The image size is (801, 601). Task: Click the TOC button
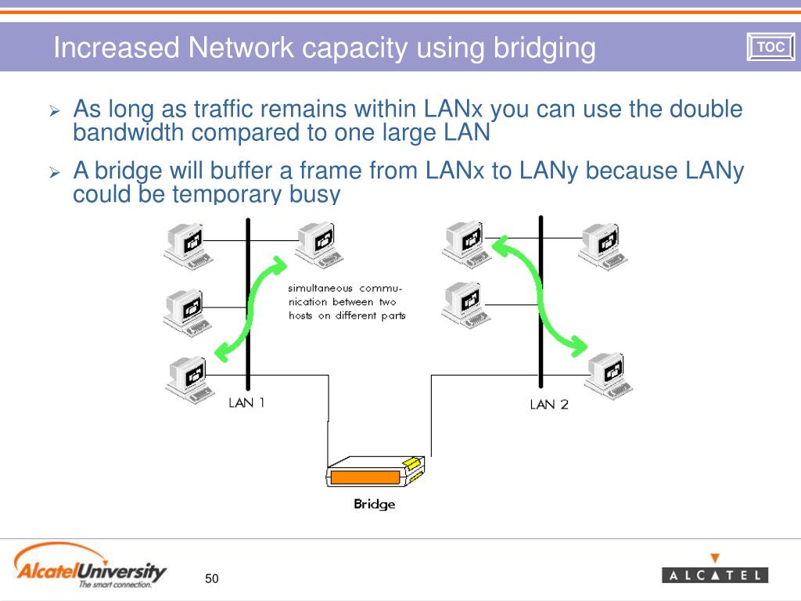coord(770,48)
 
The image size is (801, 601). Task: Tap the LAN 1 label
coord(246,403)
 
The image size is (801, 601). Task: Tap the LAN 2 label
coord(549,404)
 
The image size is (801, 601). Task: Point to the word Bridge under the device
coord(375,504)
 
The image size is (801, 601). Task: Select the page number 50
coord(212,578)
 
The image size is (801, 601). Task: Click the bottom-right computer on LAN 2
coord(609,374)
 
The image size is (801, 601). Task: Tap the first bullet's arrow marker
coord(55,111)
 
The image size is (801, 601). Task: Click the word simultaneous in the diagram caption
coord(321,288)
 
